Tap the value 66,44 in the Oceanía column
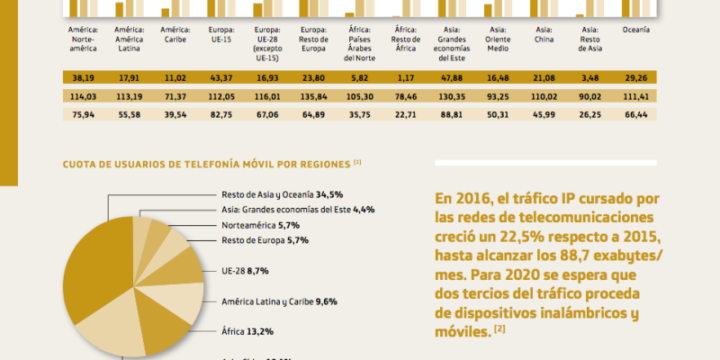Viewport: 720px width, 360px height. pos(635,114)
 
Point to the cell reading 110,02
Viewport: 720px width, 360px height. pos(544,96)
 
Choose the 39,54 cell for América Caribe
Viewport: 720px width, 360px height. pos(175,114)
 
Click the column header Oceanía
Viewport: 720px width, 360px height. pos(635,30)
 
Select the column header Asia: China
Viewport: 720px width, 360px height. pos(544,35)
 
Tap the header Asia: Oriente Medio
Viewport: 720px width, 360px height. pos(498,40)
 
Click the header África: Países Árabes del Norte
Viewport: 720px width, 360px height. pos(360,44)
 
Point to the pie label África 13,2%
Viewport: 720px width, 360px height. pos(247,331)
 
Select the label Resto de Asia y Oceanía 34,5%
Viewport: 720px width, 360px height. pos(283,193)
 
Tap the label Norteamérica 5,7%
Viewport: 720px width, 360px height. pos(261,224)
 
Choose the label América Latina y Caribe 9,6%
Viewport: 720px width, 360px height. pos(279,302)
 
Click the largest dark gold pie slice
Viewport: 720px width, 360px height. pos(90,270)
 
